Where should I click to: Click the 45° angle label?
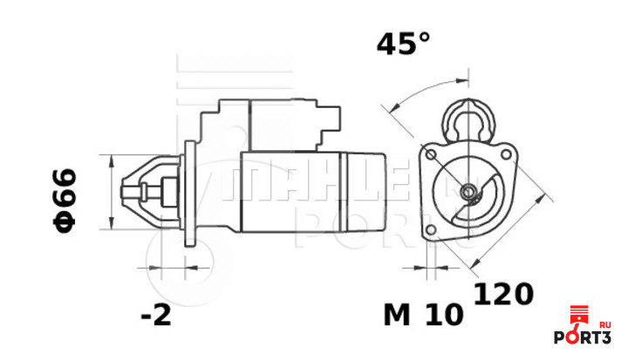(x=404, y=44)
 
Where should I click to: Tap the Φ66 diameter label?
(x=65, y=200)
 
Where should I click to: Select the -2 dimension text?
(x=157, y=315)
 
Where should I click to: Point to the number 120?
(x=502, y=294)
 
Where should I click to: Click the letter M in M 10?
(x=397, y=315)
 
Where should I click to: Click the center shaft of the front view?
(x=469, y=191)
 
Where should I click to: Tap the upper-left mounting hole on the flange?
(x=428, y=153)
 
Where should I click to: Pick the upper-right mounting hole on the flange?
(x=507, y=153)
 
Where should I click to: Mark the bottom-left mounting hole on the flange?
(x=428, y=229)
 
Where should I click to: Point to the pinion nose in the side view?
(x=140, y=191)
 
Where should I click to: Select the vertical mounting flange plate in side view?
(x=185, y=191)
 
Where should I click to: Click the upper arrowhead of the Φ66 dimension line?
(x=111, y=160)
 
